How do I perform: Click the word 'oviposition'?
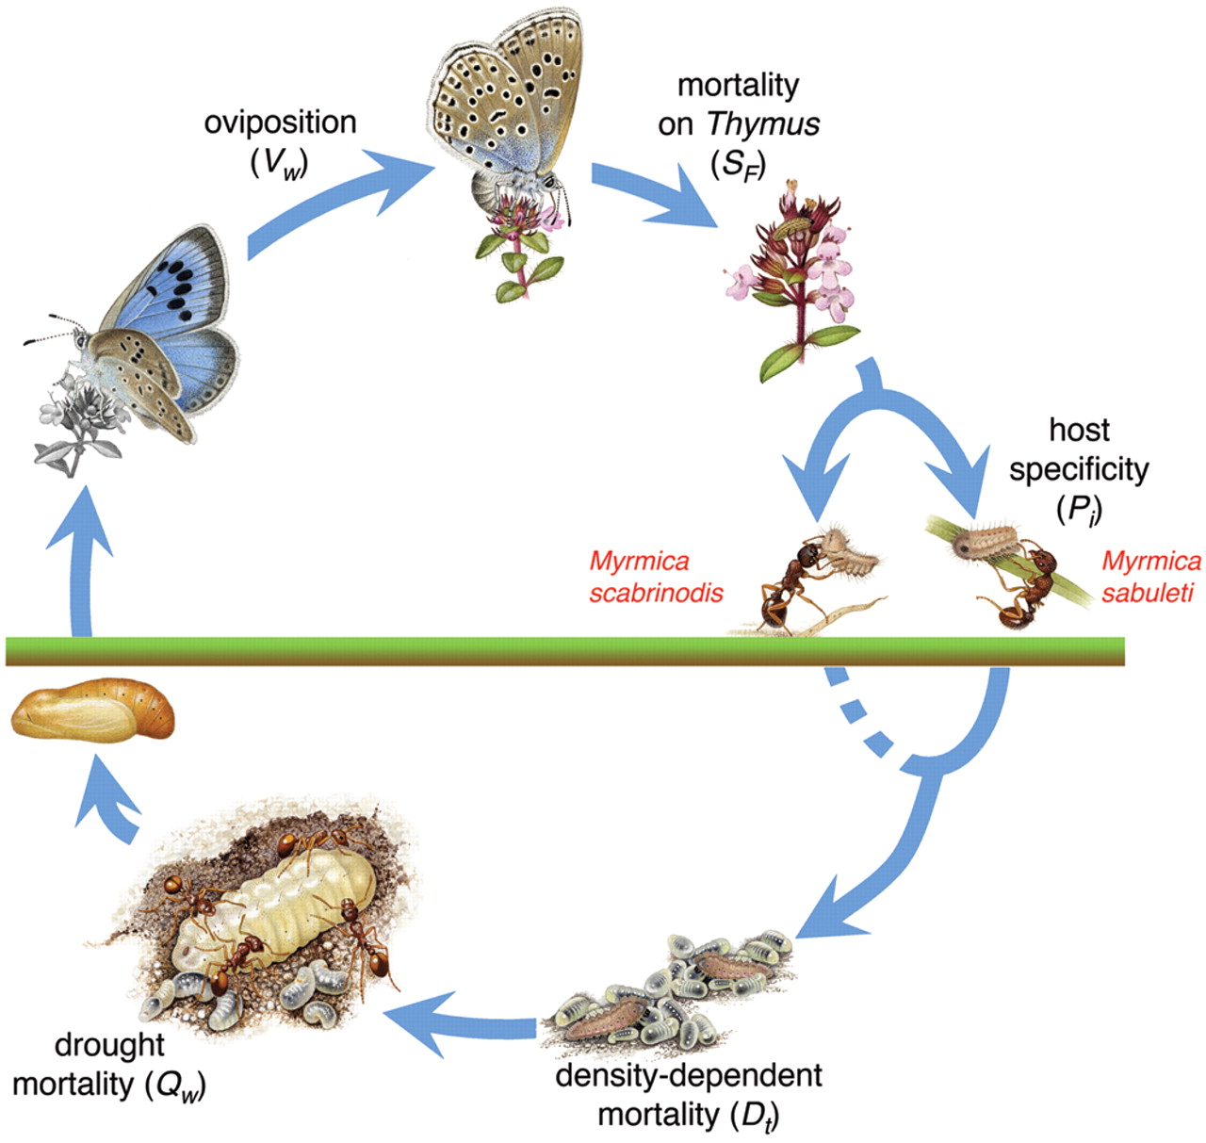[x=280, y=122]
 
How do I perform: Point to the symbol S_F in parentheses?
[x=739, y=164]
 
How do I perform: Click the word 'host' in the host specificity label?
[x=1079, y=430]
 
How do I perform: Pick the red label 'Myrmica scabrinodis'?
[x=656, y=577]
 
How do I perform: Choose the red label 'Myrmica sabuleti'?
[x=1150, y=577]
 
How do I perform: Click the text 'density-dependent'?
[x=689, y=1075]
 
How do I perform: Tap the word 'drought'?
[x=109, y=1044]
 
